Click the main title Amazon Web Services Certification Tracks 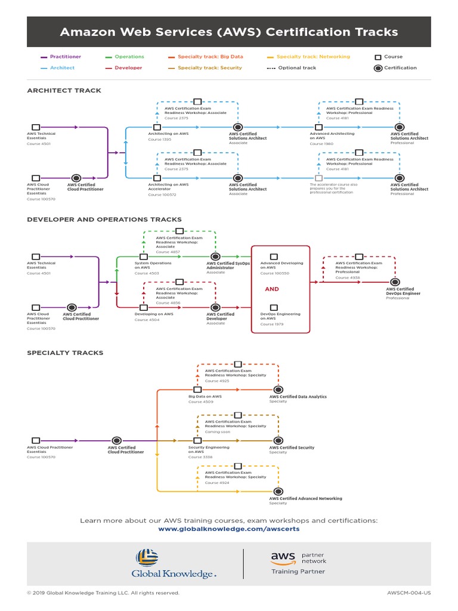229,32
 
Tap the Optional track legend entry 297,68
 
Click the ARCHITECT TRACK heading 64,91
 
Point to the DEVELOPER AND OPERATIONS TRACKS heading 104,220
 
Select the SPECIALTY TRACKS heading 65,353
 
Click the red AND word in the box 271,289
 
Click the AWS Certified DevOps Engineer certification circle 394,282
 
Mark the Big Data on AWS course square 197,390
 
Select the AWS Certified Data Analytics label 298,397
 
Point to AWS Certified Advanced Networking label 305,498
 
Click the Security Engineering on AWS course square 197,440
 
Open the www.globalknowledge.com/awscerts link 229,529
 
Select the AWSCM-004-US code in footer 409,593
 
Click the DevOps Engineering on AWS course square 274,307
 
